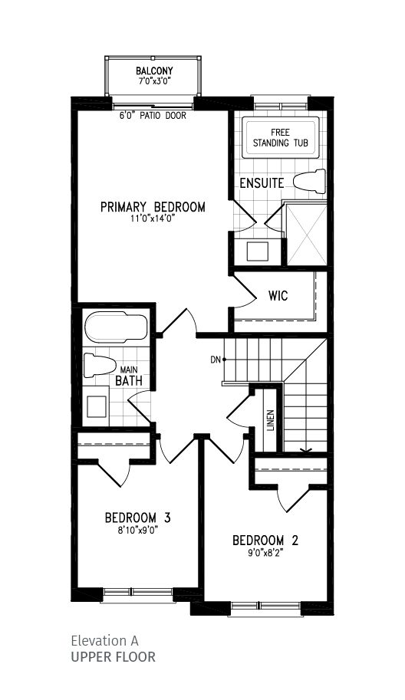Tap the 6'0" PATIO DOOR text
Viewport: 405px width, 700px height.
(x=153, y=116)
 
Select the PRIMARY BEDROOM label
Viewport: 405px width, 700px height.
(x=153, y=207)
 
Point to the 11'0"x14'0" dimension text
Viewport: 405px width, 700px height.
(x=153, y=219)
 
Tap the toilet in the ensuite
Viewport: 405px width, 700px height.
(x=310, y=181)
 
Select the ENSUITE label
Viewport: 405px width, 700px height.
(x=262, y=183)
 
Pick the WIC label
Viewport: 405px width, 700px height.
(x=278, y=296)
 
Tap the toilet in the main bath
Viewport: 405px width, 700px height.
(x=99, y=366)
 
